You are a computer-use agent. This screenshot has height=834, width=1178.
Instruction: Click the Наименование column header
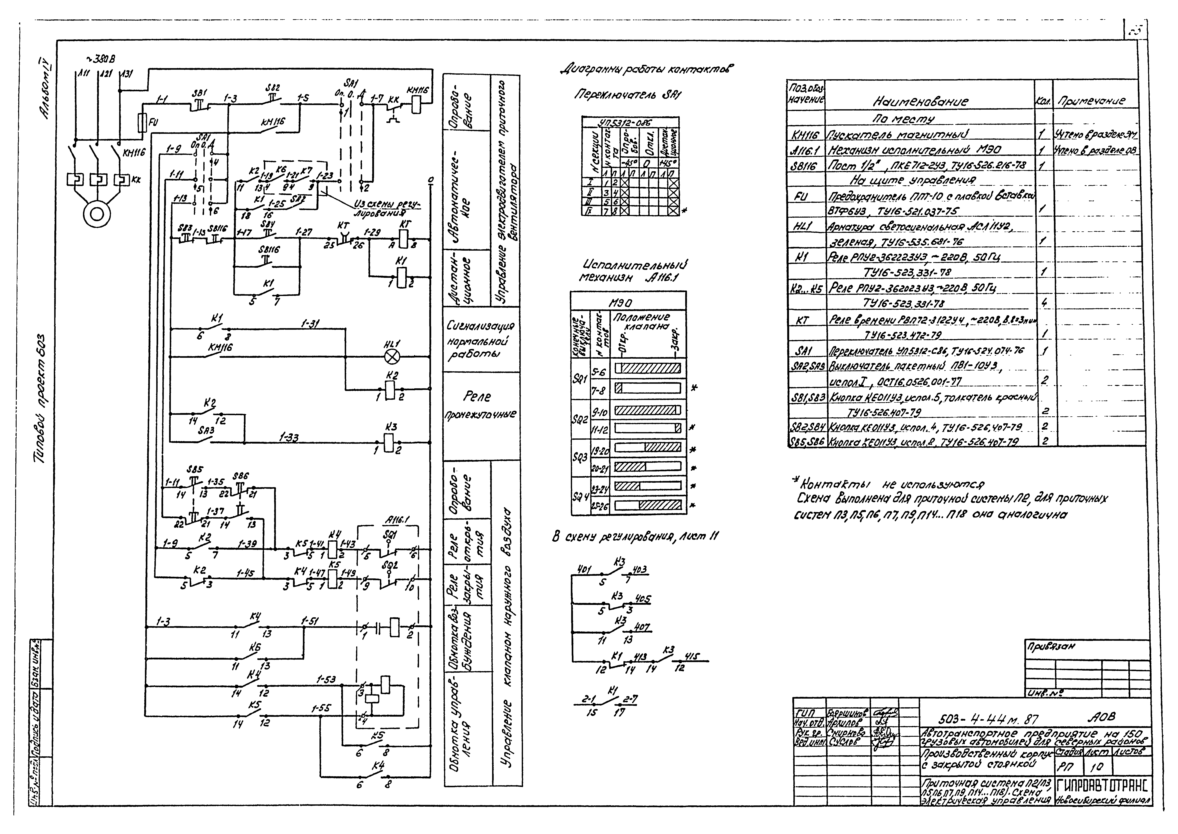coord(920,102)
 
